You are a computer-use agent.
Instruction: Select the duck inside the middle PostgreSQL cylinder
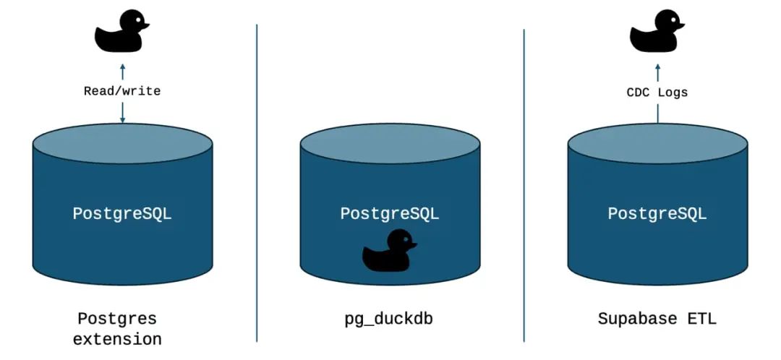point(389,252)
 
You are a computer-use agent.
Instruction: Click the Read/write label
point(122,91)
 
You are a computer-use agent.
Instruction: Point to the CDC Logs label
point(657,93)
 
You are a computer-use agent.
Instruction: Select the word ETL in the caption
point(701,319)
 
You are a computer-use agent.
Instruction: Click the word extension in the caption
point(117,338)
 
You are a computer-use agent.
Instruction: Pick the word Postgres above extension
point(117,319)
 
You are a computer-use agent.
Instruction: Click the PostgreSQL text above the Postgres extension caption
point(122,214)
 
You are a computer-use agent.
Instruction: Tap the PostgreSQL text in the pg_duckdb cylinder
point(390,214)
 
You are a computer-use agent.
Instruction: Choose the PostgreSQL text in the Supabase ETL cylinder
point(657,214)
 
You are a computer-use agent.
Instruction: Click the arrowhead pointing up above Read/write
point(122,66)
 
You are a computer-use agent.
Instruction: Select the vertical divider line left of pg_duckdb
point(257,181)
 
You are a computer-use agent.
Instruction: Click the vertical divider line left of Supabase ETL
point(524,181)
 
